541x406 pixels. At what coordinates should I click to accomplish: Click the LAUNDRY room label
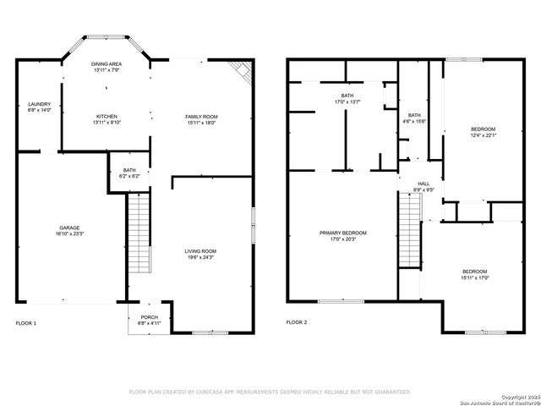pyautogui.click(x=39, y=104)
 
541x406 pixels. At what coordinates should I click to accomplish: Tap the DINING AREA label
pyautogui.click(x=107, y=63)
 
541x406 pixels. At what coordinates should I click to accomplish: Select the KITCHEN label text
pyautogui.click(x=107, y=116)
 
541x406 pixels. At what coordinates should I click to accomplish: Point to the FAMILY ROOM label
pyautogui.click(x=201, y=116)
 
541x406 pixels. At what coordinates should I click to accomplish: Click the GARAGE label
pyautogui.click(x=69, y=228)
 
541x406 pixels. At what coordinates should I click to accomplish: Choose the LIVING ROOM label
pyautogui.click(x=201, y=251)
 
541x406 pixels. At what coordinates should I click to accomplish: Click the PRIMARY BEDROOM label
pyautogui.click(x=342, y=233)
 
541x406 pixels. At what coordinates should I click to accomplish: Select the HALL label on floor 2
pyautogui.click(x=424, y=184)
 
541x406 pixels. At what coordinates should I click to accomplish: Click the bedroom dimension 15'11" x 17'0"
pyautogui.click(x=475, y=277)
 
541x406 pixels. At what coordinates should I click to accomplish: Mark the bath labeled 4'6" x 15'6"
pyautogui.click(x=414, y=122)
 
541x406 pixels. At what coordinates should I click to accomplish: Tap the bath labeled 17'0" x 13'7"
pyautogui.click(x=347, y=102)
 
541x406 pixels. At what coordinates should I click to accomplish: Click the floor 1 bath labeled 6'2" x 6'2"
pyautogui.click(x=129, y=176)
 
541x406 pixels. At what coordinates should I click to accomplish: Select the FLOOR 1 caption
pyautogui.click(x=26, y=323)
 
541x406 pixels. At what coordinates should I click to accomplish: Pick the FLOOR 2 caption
pyautogui.click(x=297, y=323)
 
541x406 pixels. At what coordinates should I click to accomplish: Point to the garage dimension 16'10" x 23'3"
pyautogui.click(x=69, y=234)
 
